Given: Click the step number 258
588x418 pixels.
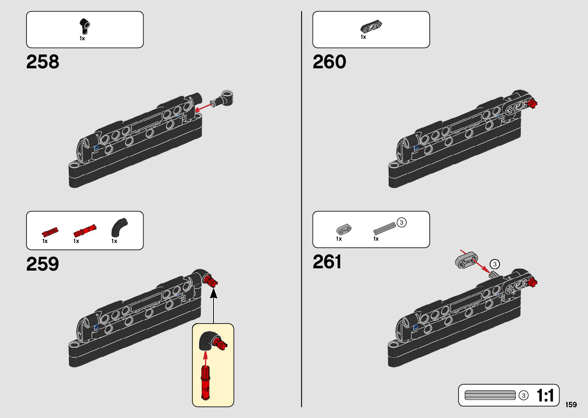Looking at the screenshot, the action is click(x=43, y=62).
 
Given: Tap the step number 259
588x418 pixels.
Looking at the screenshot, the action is click(x=43, y=264).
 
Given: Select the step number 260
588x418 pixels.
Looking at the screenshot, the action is click(x=329, y=62).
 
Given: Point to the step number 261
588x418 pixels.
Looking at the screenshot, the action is click(x=327, y=262).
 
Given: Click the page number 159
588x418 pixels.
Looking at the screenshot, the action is click(x=571, y=405).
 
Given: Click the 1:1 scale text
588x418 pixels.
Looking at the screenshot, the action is click(x=545, y=395).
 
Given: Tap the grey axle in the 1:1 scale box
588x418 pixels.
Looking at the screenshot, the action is click(x=490, y=395).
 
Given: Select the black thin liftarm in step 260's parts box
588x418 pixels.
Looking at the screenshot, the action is click(x=371, y=26).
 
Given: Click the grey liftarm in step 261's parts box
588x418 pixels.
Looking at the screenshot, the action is click(x=344, y=230).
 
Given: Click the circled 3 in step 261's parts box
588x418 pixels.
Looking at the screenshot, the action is click(x=401, y=223).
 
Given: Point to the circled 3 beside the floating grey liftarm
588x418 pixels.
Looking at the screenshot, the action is click(x=495, y=264).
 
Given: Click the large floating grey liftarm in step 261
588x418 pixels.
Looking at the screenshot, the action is click(x=466, y=260).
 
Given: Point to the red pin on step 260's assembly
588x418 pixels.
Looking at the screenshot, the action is click(x=532, y=103).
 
